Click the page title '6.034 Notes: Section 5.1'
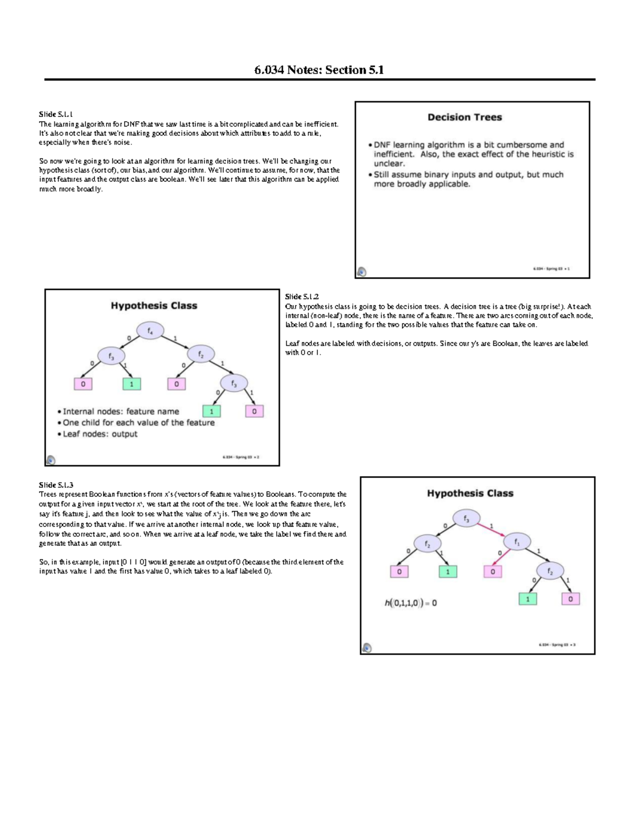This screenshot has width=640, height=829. tap(319, 70)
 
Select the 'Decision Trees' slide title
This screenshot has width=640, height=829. tap(465, 117)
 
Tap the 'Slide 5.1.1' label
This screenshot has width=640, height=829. tap(55, 114)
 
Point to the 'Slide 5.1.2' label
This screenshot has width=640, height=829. tap(302, 297)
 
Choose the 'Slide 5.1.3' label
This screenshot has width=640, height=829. tap(55, 485)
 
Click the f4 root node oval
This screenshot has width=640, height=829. tap(150, 331)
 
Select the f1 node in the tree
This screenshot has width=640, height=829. tap(517, 541)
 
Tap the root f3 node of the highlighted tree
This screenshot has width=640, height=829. tap(466, 518)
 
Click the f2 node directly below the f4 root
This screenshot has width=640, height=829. tap(201, 354)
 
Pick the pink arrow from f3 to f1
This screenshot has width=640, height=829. tap(491, 530)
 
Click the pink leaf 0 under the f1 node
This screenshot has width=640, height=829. tap(492, 572)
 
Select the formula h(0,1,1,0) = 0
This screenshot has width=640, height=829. tap(411, 603)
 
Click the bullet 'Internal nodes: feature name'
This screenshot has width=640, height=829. tap(121, 412)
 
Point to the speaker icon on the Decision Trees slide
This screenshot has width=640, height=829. tap(362, 272)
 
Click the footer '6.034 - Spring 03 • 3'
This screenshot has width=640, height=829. tap(556, 645)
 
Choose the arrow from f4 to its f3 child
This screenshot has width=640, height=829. tap(128, 342)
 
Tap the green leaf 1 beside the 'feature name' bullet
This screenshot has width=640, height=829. tap(212, 412)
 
